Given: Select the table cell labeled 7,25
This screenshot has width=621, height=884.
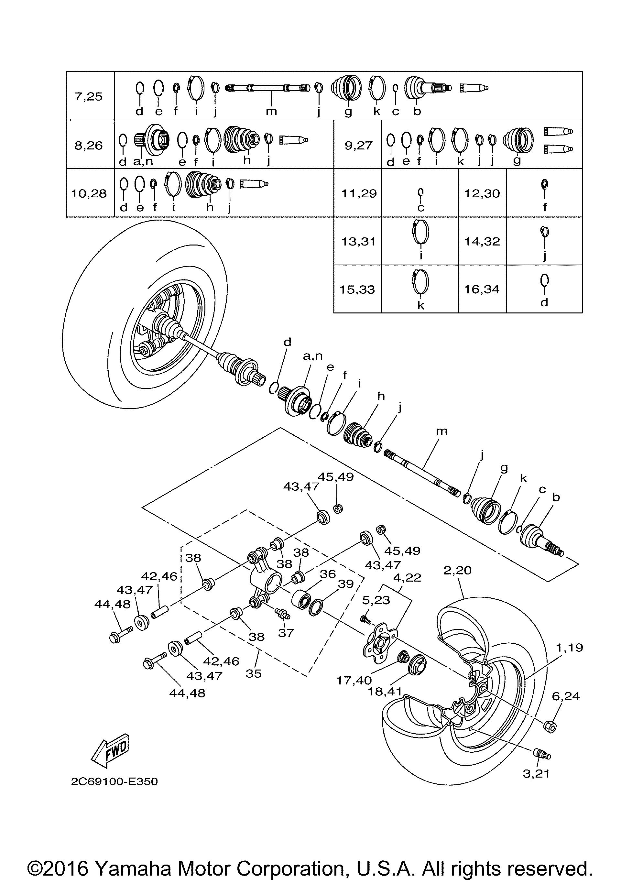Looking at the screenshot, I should [x=89, y=96].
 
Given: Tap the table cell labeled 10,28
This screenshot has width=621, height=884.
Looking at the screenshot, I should [x=89, y=193].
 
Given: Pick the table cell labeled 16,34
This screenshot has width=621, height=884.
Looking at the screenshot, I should [x=482, y=289].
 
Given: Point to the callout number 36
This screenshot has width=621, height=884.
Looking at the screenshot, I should [x=328, y=574].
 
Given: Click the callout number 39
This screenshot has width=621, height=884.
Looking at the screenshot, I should [x=345, y=584].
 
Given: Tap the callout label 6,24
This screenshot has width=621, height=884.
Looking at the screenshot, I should [x=566, y=696].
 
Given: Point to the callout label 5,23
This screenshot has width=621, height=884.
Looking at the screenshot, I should [x=376, y=600].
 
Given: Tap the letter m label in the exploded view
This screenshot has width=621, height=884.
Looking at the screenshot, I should [x=441, y=431].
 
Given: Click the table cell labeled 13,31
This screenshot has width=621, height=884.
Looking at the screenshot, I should [x=358, y=241].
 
